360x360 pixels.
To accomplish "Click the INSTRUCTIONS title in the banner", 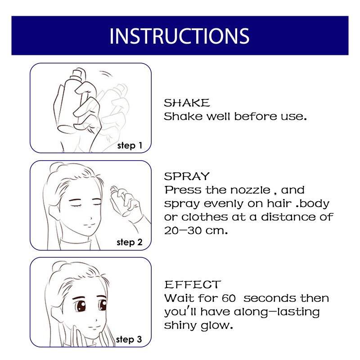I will (x=179, y=36).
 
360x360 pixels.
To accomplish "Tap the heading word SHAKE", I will (x=187, y=103).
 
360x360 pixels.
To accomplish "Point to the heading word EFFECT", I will (x=193, y=285).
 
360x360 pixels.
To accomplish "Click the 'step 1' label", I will (x=129, y=145).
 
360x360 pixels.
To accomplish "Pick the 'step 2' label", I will (x=129, y=242).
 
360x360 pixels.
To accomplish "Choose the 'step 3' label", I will (x=129, y=339).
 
